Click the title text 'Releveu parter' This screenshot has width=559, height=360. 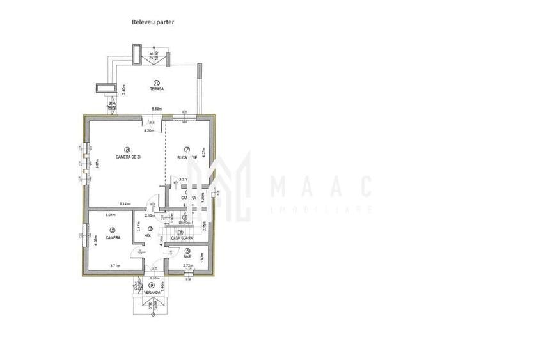pyautogui.click(x=153, y=22)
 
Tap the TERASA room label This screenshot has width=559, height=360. pyautogui.click(x=157, y=90)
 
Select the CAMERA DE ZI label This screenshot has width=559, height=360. pyautogui.click(x=128, y=157)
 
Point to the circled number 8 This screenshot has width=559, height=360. pyautogui.click(x=127, y=150)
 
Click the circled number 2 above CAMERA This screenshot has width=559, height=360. pyautogui.click(x=113, y=230)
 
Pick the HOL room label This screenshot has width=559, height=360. pyautogui.click(x=148, y=235)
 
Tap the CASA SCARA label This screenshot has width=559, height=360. pyautogui.click(x=182, y=238)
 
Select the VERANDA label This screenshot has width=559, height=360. pyautogui.click(x=151, y=293)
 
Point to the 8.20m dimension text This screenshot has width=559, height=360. pyautogui.click(x=150, y=131)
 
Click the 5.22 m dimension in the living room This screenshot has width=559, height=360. pyautogui.click(x=124, y=204)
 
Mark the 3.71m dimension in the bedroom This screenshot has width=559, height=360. pyautogui.click(x=115, y=265)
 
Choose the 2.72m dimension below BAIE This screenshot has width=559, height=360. pyautogui.click(x=188, y=265)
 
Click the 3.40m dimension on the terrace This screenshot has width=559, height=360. pyautogui.click(x=123, y=90)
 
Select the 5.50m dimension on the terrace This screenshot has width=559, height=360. pyautogui.click(x=156, y=109)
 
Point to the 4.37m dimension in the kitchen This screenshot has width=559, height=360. pyautogui.click(x=203, y=153)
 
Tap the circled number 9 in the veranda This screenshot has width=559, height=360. pyautogui.click(x=151, y=285)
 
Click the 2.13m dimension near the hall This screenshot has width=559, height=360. pyautogui.click(x=149, y=216)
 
